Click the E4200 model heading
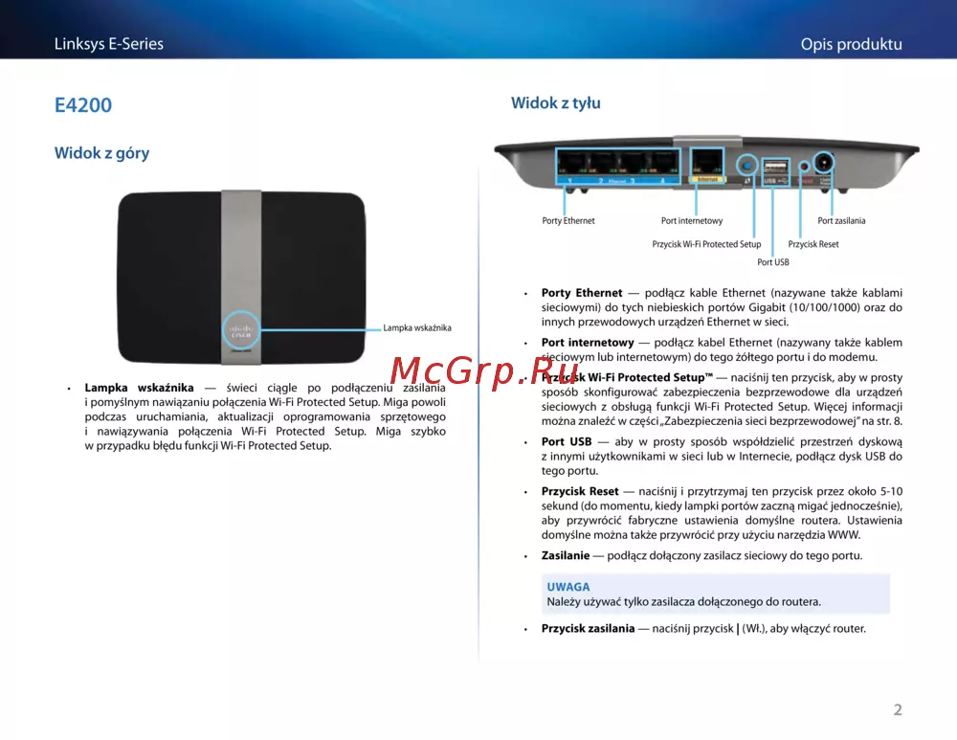click(83, 105)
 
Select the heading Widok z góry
click(102, 152)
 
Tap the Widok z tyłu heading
click(555, 102)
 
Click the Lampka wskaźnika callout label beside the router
click(417, 327)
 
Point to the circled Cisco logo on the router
click(240, 331)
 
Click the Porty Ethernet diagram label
click(568, 221)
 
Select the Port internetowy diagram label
click(692, 221)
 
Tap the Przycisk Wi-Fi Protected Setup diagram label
click(706, 244)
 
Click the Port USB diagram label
click(772, 262)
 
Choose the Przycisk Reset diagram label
click(812, 244)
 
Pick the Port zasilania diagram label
click(841, 221)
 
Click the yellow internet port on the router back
click(707, 165)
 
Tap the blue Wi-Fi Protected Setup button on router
click(747, 165)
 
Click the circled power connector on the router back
click(824, 163)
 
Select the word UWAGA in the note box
click(568, 587)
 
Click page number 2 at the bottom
click(898, 709)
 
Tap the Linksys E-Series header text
click(109, 44)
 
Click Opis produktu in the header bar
click(852, 44)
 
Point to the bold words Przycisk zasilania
click(588, 628)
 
